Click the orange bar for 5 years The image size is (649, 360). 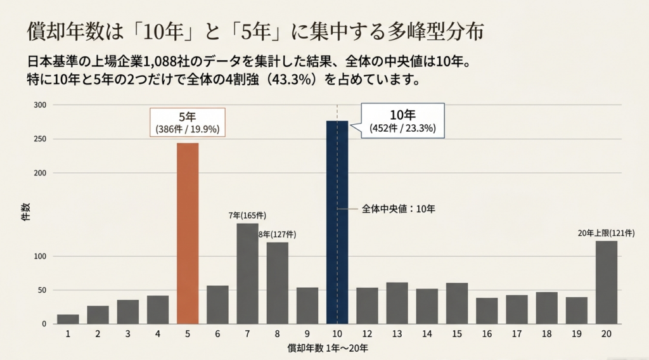pyautogui.click(x=188, y=233)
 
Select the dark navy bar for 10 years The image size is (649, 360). pyautogui.click(x=337, y=222)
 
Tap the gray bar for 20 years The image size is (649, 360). pyautogui.click(x=607, y=282)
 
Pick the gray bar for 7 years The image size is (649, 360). pyautogui.click(x=248, y=274)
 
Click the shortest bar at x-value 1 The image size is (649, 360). pyautogui.click(x=68, y=319)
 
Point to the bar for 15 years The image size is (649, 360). pyautogui.click(x=457, y=304)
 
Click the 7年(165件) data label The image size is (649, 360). pyautogui.click(x=248, y=215)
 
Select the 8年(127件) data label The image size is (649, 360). pyautogui.click(x=278, y=235)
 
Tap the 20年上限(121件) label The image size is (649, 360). pyautogui.click(x=607, y=233)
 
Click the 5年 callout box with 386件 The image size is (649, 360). pyautogui.click(x=188, y=122)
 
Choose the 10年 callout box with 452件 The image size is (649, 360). pyautogui.click(x=402, y=120)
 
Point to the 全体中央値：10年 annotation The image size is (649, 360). pyautogui.click(x=399, y=209)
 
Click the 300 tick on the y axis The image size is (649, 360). pyautogui.click(x=40, y=105)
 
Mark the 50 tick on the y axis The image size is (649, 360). pyautogui.click(x=42, y=290)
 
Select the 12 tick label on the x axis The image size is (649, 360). pyautogui.click(x=367, y=334)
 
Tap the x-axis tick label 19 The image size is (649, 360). pyautogui.click(x=577, y=334)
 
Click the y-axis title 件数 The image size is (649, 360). pyautogui.click(x=25, y=212)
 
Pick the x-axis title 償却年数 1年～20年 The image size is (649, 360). pyautogui.click(x=328, y=349)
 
